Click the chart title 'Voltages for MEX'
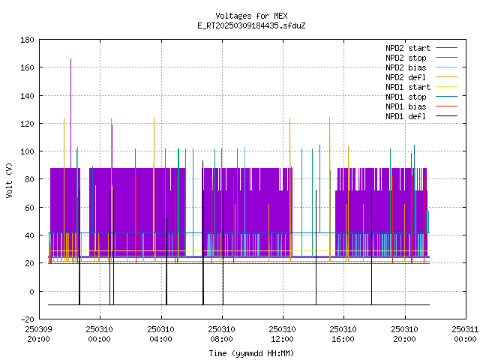tap(251, 16)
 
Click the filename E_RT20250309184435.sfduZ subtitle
tap(251, 25)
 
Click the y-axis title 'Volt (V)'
tap(9, 180)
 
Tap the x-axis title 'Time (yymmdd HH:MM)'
tap(251, 353)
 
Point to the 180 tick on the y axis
tap(27, 40)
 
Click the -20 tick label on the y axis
tap(27, 319)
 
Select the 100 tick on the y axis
tap(27, 151)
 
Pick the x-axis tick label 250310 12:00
tap(282, 334)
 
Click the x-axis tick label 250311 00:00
tap(465, 334)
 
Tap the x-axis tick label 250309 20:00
tap(38, 334)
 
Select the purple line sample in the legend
tap(446, 48)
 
